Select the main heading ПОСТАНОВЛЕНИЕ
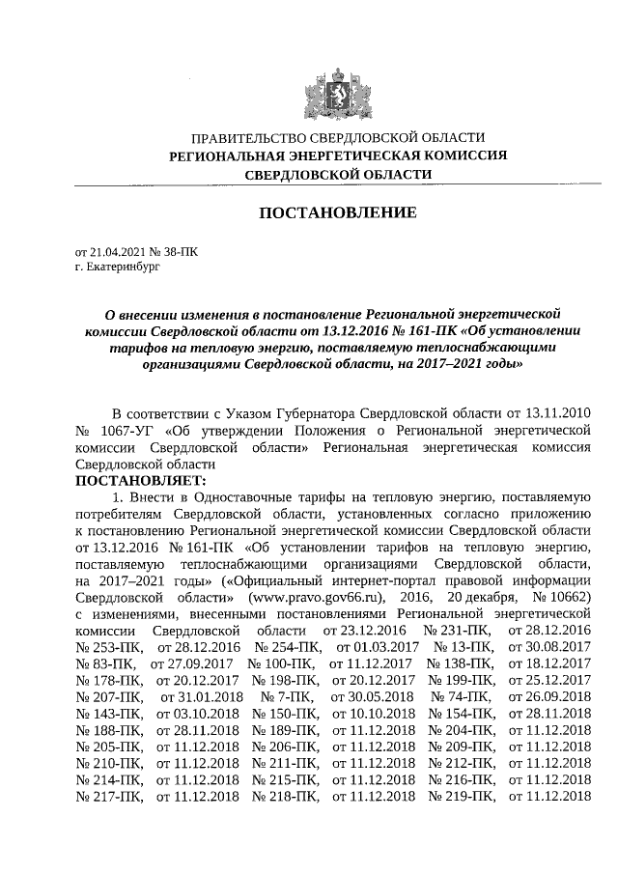336,211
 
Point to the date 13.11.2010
554,413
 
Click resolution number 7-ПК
287,696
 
